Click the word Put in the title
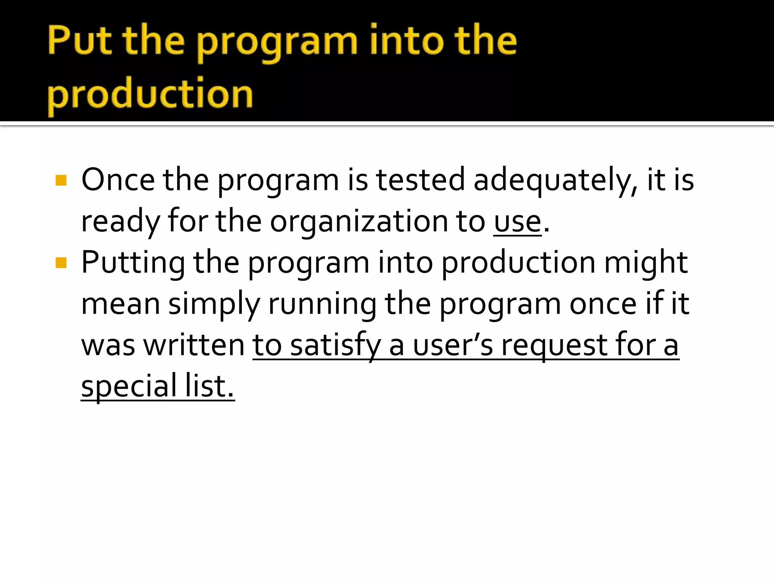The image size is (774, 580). tap(79, 40)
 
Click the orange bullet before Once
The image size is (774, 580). tap(61, 180)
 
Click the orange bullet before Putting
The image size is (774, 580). tap(61, 262)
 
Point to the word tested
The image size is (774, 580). tap(420, 180)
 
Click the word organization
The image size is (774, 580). tap(377, 222)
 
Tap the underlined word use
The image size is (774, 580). tap(517, 222)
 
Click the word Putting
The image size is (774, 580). tap(133, 263)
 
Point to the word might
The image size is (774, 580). tap(646, 262)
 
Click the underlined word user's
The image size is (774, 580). tap(453, 345)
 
